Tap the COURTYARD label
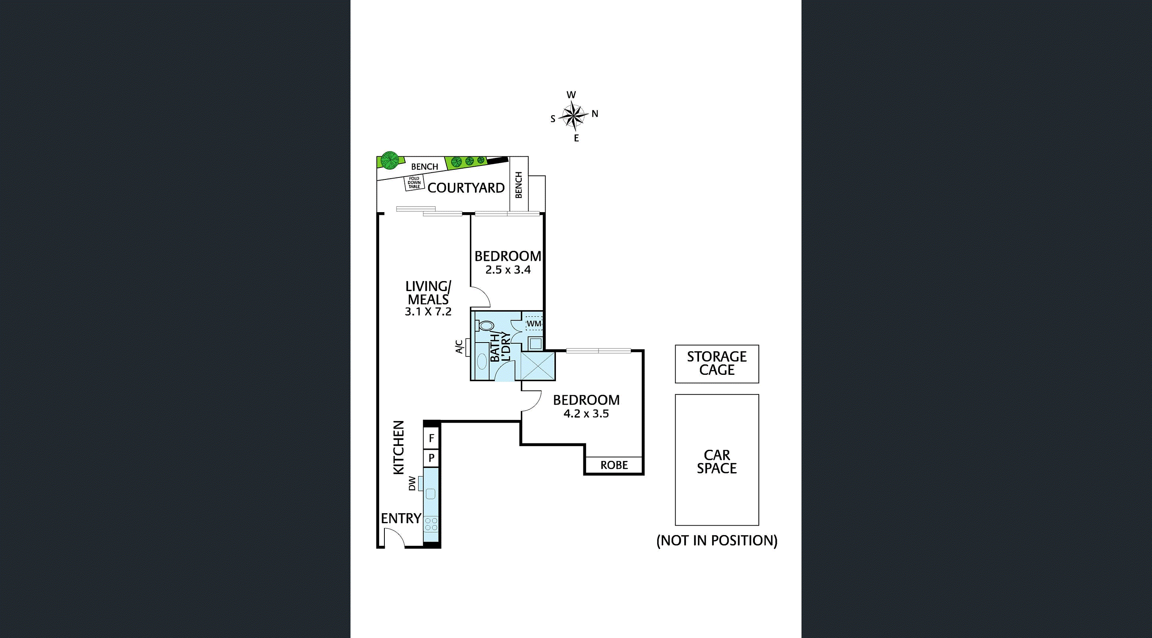(x=466, y=188)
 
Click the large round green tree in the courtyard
(x=390, y=161)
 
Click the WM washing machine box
(x=534, y=323)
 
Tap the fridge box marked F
(x=431, y=438)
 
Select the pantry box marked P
(x=431, y=458)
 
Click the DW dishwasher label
(x=412, y=483)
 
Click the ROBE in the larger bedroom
(x=614, y=465)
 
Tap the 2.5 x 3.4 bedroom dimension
(x=508, y=270)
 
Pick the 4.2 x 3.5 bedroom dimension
(x=586, y=414)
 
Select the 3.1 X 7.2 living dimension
(x=428, y=311)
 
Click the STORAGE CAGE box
(x=717, y=364)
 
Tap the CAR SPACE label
(x=717, y=461)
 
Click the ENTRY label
(x=401, y=518)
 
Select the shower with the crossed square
(x=538, y=366)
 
